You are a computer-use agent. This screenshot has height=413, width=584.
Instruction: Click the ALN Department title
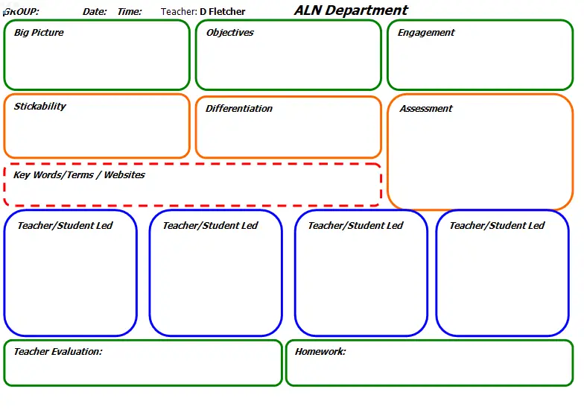351,10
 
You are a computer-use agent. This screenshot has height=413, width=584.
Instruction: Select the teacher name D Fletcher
222,12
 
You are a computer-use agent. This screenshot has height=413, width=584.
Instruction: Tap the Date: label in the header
95,12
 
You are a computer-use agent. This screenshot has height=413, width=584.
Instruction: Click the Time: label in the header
130,12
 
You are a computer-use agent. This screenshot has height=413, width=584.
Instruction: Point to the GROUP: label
21,12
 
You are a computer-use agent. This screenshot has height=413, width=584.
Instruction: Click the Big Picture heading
39,33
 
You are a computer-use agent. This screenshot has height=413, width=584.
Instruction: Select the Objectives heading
229,33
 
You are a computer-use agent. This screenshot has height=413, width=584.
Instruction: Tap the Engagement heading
426,33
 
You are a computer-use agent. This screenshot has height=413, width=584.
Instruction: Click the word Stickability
40,106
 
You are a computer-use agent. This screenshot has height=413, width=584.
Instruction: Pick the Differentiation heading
238,109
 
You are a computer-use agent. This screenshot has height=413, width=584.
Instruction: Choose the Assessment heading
426,109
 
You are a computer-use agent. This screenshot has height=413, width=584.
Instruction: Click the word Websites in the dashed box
124,174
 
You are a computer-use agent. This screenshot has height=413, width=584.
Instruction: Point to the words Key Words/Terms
54,174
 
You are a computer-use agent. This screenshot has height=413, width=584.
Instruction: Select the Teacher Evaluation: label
58,352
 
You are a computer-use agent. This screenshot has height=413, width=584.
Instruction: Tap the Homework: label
320,352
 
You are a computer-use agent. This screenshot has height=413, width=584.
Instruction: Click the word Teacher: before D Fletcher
179,12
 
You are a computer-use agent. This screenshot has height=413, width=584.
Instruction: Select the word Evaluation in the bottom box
77,352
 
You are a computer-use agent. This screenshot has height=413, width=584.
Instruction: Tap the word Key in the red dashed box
22,175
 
